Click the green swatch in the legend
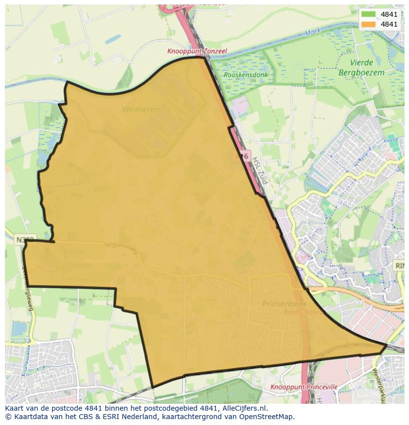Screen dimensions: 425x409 tap(368, 14)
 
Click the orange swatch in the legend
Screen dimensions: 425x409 tap(368, 24)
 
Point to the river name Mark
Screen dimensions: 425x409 tap(314, 32)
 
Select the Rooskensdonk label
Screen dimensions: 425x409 tap(245, 75)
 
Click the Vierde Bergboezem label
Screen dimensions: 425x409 tap(361, 68)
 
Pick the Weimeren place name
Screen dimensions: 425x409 tap(141, 110)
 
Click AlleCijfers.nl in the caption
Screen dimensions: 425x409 tap(244, 408)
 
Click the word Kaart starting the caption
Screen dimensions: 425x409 tap(15, 408)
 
